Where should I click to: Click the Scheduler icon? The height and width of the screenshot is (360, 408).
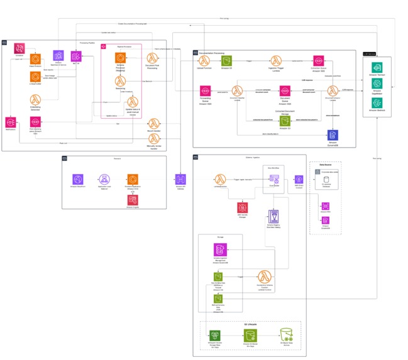(19, 48)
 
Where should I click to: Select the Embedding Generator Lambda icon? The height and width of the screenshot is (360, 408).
(35, 100)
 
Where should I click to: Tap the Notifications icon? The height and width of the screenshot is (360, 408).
(11, 121)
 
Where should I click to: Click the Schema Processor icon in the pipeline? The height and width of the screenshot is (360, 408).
(119, 58)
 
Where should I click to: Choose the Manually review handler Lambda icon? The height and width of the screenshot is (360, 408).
(153, 138)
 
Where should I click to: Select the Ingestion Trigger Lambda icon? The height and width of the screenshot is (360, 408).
(275, 61)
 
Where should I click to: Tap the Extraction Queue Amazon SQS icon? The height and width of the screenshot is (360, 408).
(317, 61)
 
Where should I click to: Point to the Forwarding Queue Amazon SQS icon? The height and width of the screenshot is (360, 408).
(204, 91)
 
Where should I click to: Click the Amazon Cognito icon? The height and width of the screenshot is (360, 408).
(132, 199)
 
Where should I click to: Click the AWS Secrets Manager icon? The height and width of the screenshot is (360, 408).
(242, 207)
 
